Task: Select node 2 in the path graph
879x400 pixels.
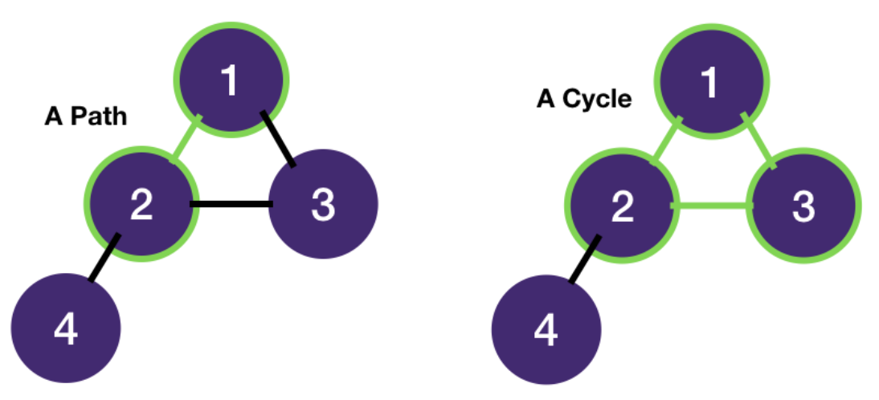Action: click(141, 204)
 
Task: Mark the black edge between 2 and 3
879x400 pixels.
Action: click(231, 204)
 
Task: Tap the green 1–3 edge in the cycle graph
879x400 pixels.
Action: click(758, 141)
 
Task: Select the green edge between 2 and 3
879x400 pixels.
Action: click(711, 206)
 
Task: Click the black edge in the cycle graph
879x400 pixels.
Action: click(583, 259)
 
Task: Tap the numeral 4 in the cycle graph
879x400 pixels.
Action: click(546, 330)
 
